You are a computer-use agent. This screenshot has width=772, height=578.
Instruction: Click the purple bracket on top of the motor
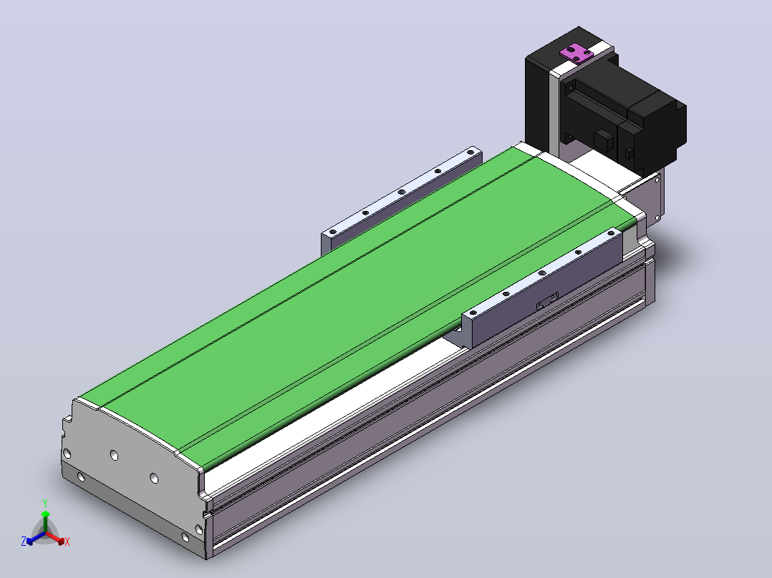pos(577,53)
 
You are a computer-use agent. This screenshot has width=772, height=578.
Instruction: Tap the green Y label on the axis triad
pos(45,503)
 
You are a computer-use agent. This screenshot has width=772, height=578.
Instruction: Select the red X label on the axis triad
pos(67,542)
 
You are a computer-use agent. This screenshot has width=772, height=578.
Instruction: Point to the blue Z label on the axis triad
pos(23,542)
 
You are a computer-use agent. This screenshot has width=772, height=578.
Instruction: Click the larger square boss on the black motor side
pos(604,139)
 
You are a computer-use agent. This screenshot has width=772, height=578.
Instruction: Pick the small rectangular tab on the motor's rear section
pos(629,154)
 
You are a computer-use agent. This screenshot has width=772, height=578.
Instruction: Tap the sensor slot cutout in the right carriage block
pos(547,300)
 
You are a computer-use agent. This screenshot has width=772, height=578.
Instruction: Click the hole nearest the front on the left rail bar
pos(333,232)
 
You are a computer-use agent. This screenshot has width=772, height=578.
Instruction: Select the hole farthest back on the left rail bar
pos(471,152)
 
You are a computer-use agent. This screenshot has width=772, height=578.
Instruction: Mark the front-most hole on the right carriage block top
pos(473,313)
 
